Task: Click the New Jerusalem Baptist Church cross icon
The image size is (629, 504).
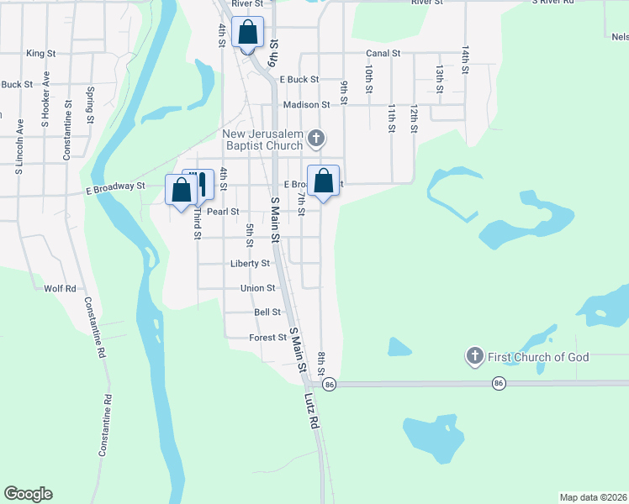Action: click(x=316, y=138)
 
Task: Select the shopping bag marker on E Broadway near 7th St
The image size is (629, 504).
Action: click(x=324, y=181)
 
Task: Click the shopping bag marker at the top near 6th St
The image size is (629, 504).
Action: click(x=248, y=33)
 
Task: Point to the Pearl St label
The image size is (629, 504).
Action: click(x=223, y=212)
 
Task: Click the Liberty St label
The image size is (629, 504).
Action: click(x=250, y=263)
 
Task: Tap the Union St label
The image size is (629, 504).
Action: click(x=258, y=287)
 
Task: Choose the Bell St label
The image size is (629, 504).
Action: click(x=267, y=312)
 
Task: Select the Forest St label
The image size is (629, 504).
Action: click(x=268, y=337)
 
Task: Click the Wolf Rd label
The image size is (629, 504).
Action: click(x=60, y=288)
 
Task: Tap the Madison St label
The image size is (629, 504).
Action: click(x=306, y=104)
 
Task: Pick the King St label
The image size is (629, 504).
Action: click(x=40, y=53)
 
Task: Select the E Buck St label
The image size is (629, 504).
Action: click(x=299, y=79)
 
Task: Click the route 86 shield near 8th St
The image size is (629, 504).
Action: click(x=329, y=384)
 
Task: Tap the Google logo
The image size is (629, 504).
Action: click(x=28, y=494)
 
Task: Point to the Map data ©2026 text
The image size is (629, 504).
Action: click(x=592, y=497)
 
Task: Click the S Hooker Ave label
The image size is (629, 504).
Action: click(x=45, y=98)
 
